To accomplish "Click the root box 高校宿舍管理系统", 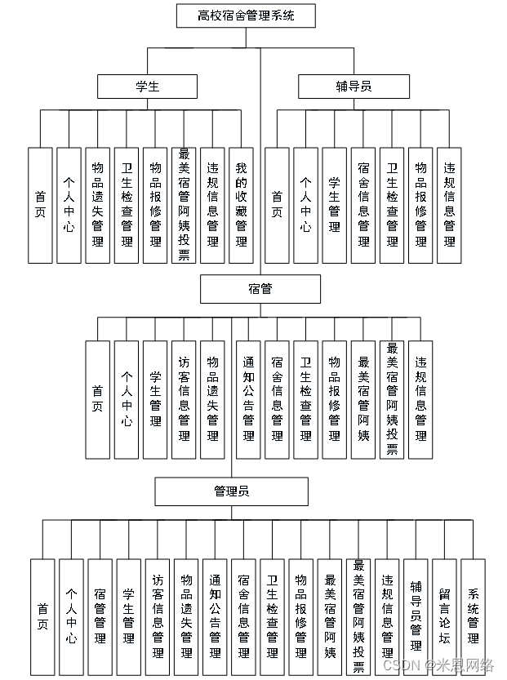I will coord(246,16).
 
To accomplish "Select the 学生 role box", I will coord(148,86).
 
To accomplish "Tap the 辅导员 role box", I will coord(353,86).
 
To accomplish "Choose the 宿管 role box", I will coord(260,289).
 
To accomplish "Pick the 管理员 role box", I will coord(232,491).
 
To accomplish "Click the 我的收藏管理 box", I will coord(241,205).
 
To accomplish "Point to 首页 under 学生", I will coord(40,205).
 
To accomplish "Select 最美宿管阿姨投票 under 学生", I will coord(184,205).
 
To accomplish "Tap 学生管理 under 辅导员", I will coord(335,205).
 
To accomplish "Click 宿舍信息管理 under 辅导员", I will coord(363,205).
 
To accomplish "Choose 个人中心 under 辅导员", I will coord(305,205).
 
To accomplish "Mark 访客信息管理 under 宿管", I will coord(184,399).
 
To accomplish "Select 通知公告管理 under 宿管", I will coord(248,399).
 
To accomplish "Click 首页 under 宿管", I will coord(98,399).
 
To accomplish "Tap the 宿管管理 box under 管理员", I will coord(100,616).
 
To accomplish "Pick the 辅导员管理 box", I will coord(416,616).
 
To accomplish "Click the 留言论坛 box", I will coord(445,616).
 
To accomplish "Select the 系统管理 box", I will coord(474,616).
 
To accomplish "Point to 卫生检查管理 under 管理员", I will coord(273,616).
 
